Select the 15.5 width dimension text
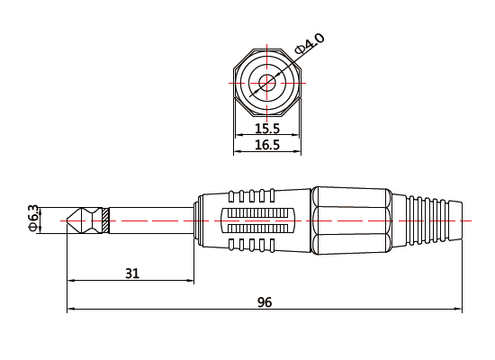(x=266, y=129)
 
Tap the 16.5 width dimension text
(x=266, y=144)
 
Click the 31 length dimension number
(x=131, y=274)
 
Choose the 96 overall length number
(x=265, y=302)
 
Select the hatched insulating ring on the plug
(x=106, y=220)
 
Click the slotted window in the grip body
(x=257, y=220)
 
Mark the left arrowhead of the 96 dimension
(x=71, y=311)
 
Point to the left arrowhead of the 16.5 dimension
(x=238, y=152)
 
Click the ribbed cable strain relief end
(x=430, y=219)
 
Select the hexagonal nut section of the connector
(x=351, y=219)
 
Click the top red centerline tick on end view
(x=266, y=46)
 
